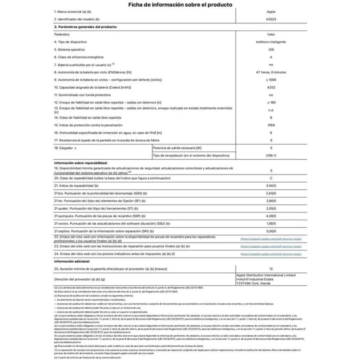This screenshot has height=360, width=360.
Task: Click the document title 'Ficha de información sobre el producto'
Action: point(180,5)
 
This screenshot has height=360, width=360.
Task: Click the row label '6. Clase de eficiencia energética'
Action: point(79,57)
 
